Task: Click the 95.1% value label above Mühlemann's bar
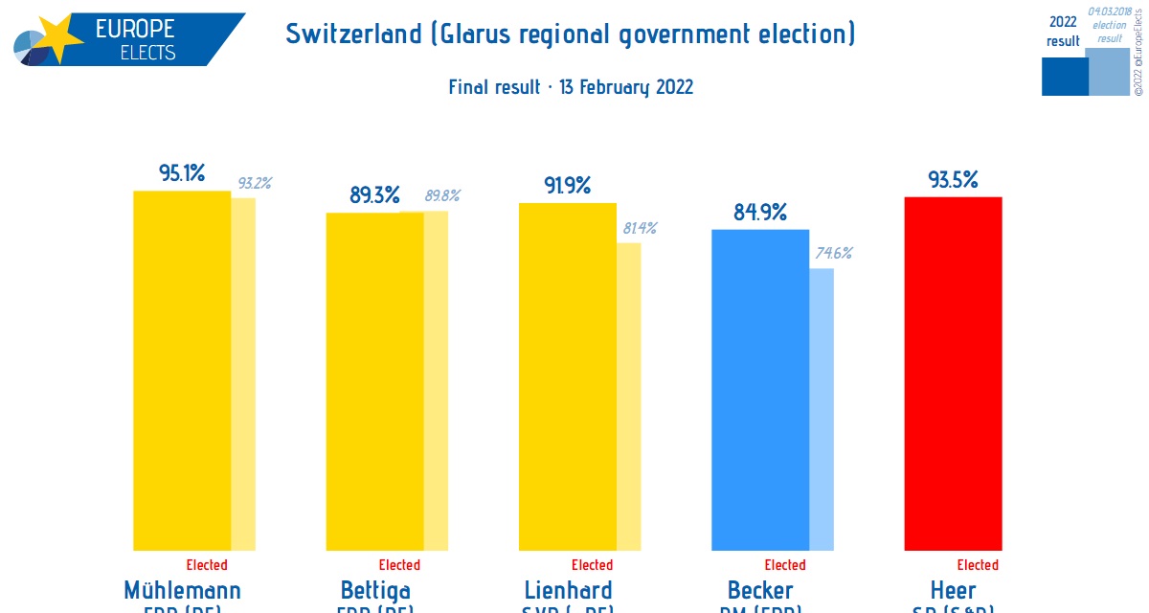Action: [x=182, y=173]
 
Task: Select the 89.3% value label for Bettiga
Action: [x=374, y=195]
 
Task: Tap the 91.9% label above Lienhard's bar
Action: [x=568, y=185]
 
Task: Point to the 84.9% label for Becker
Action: [x=760, y=212]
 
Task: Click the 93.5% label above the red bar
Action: [x=953, y=179]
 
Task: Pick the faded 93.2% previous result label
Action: [x=253, y=183]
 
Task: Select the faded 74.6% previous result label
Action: [x=833, y=254]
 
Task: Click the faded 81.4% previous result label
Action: [x=640, y=228]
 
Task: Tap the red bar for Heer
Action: [x=953, y=374]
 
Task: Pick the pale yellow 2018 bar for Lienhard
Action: [x=629, y=397]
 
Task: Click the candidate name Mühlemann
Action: [x=182, y=589]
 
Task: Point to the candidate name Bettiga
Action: [x=375, y=589]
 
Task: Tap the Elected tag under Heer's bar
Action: [x=978, y=565]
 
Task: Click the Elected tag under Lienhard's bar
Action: [x=592, y=565]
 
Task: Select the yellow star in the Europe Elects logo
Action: [x=59, y=38]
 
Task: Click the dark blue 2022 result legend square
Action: [x=1065, y=77]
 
